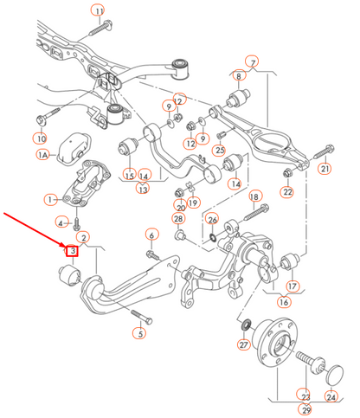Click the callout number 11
[x=98, y=11]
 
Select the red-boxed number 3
[x=72, y=250]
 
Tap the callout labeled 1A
[x=43, y=155]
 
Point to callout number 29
[x=306, y=409]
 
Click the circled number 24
[x=331, y=396]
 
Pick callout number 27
[x=244, y=344]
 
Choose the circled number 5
[x=140, y=333]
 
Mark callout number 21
[x=325, y=168]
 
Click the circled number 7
[x=252, y=62]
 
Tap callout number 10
[x=41, y=138]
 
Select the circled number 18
[x=254, y=196]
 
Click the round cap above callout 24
[x=335, y=375]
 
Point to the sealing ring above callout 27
[x=246, y=325]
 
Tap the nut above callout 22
[x=287, y=173]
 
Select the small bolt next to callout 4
[x=76, y=224]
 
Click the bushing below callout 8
[x=239, y=98]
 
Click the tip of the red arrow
[x=66, y=248]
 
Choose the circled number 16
[x=284, y=302]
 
